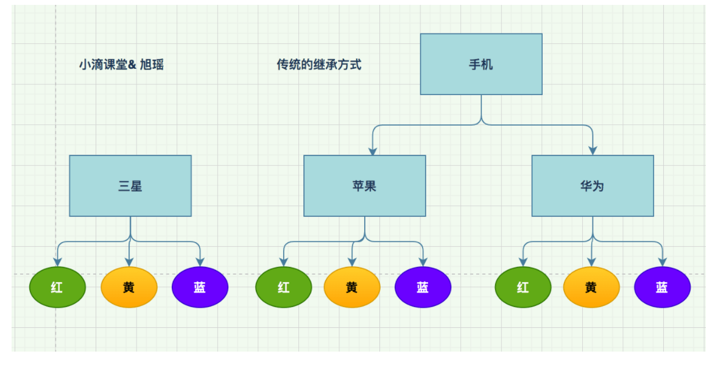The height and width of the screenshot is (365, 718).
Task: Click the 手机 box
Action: pyautogui.click(x=481, y=64)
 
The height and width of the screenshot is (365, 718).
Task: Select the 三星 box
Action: pyautogui.click(x=130, y=186)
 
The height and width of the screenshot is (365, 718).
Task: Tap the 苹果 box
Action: pyautogui.click(x=365, y=186)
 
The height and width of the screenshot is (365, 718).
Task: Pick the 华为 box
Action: pyautogui.click(x=593, y=186)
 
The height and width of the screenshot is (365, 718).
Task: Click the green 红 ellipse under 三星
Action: pyautogui.click(x=58, y=287)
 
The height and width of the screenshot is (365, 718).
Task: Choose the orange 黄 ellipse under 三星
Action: pyautogui.click(x=129, y=287)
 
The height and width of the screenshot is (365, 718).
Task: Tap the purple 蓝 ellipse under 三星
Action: pyautogui.click(x=200, y=287)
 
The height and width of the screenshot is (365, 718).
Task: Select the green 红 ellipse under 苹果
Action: pyautogui.click(x=284, y=287)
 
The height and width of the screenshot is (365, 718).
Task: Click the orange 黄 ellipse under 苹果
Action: pyautogui.click(x=352, y=287)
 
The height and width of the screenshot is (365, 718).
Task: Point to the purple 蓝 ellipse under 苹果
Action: pyautogui.click(x=423, y=287)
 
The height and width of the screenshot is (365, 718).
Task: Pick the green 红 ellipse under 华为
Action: pyautogui.click(x=523, y=287)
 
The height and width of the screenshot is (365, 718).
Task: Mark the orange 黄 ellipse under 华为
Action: pyautogui.click(x=591, y=287)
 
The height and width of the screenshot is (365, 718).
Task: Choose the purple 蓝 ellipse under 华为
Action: pyautogui.click(x=663, y=287)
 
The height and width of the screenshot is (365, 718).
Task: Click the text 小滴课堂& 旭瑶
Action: pyautogui.click(x=121, y=65)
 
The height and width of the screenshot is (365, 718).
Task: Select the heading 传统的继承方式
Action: pyautogui.click(x=319, y=65)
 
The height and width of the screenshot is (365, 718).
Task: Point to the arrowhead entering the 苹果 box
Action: pyautogui.click(x=373, y=151)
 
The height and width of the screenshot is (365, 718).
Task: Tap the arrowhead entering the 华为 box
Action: pyautogui.click(x=593, y=151)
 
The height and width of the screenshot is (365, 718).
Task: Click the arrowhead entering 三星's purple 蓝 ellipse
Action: pyautogui.click(x=200, y=263)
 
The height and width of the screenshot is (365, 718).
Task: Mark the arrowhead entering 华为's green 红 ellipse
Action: pyautogui.click(x=523, y=263)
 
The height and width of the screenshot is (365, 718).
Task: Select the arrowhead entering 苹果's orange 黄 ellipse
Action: pyautogui.click(x=353, y=263)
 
